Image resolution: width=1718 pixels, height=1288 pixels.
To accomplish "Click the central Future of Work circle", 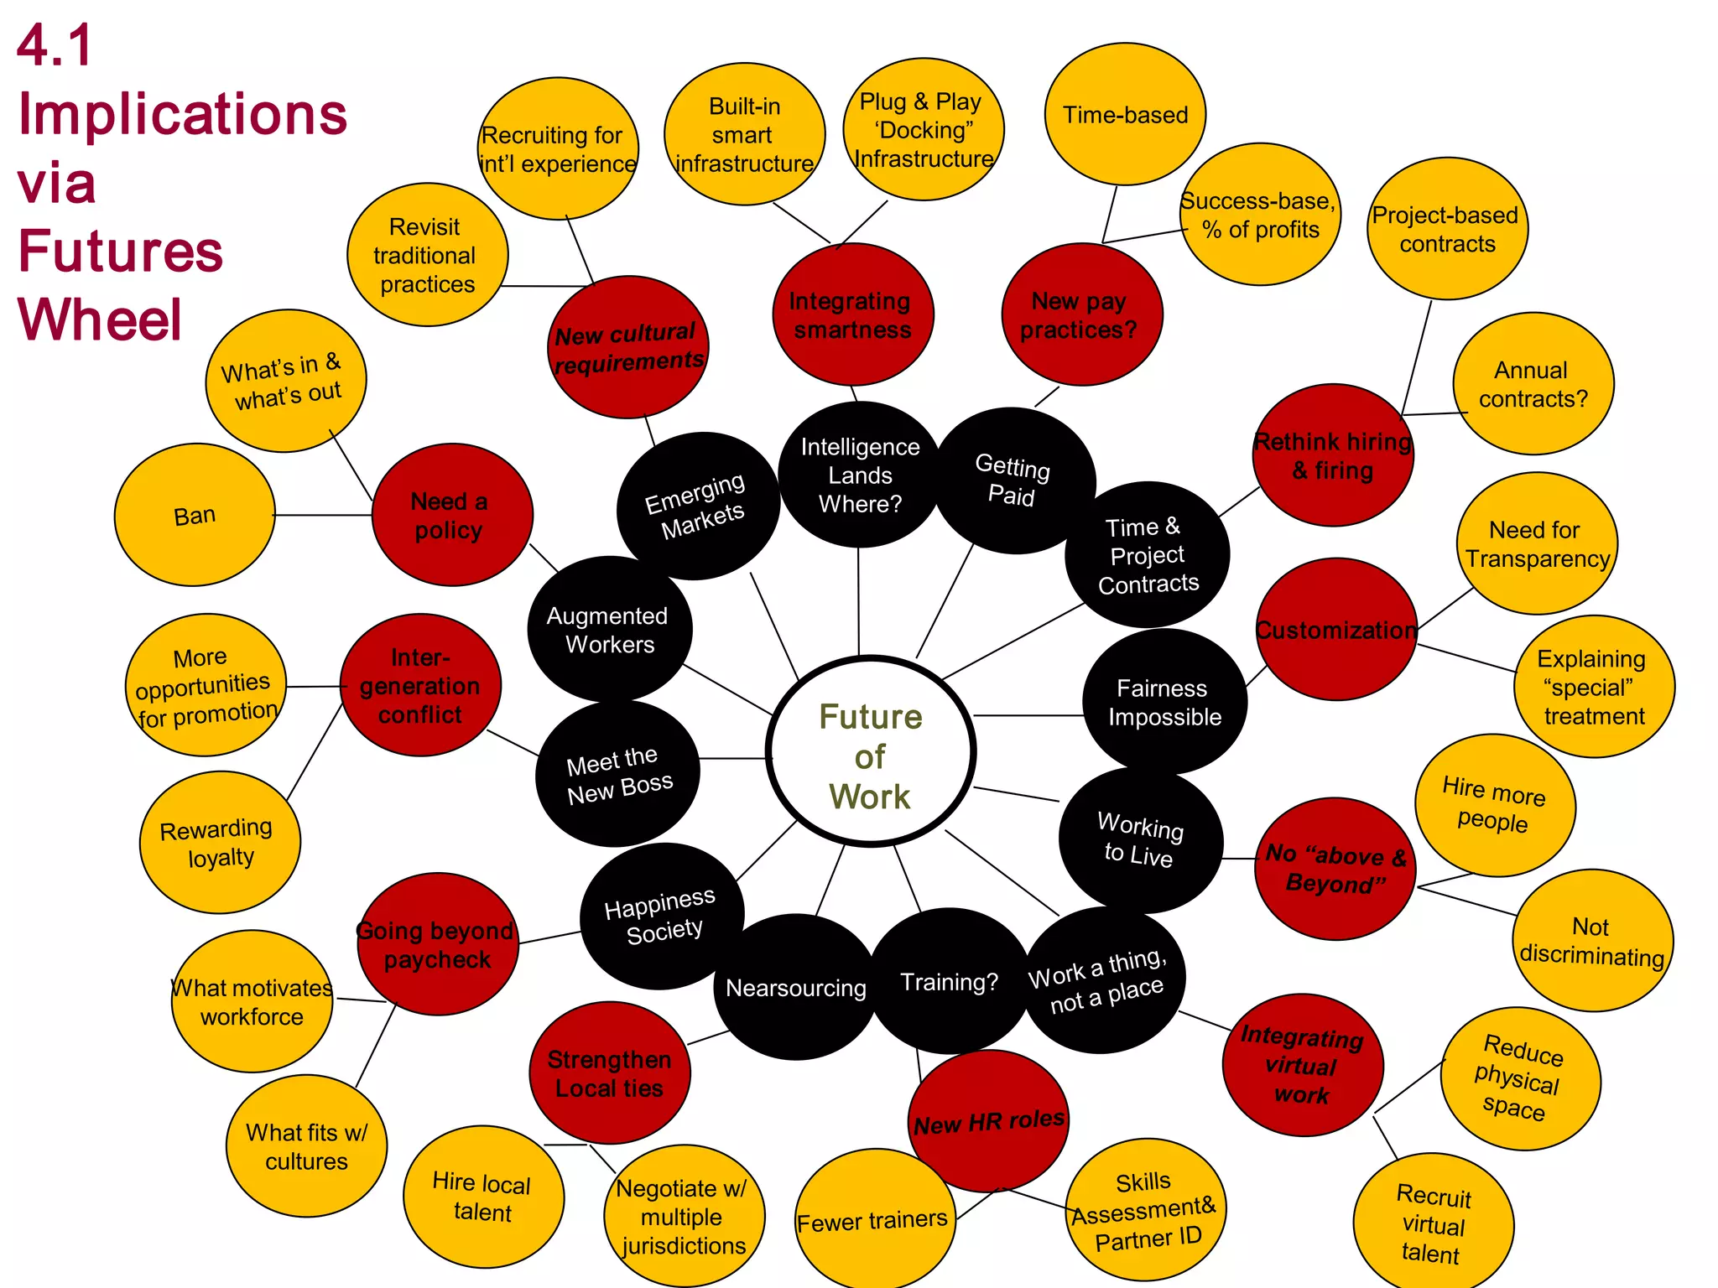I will pos(870,752).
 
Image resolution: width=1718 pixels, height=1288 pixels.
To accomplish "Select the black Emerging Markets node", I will pos(698,506).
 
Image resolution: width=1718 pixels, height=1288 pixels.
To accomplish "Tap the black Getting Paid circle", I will pos(1013,480).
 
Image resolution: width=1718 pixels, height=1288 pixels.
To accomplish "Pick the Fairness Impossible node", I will pos(1164,703).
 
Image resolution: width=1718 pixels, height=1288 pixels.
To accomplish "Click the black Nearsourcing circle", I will pos(795,988).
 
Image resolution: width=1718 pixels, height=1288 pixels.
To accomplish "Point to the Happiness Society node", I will pos(661,915).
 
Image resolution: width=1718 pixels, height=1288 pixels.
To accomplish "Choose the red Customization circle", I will pos(1335,630).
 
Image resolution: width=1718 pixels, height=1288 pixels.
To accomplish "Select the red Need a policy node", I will pos(451,515).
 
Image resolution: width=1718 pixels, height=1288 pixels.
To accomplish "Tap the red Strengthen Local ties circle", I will pos(609,1073).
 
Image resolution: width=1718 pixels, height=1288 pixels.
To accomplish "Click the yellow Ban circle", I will pos(195,515).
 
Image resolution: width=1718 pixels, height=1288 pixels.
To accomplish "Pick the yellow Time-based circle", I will pos(1125,115).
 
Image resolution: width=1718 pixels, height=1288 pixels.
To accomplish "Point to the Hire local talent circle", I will pos(482,1197).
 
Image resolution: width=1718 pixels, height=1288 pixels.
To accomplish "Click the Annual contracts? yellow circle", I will pos(1533,384).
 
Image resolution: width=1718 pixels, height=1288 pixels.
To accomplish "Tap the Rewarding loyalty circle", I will pos(218,843).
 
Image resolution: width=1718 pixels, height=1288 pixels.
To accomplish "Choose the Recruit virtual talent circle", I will pos(1433,1224).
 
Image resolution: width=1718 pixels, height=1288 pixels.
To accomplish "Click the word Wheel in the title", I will pos(99,320).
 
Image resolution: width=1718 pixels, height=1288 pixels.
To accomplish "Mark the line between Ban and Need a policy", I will pos(323,515).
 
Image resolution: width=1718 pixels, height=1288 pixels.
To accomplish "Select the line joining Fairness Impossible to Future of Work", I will pos(1028,715).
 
